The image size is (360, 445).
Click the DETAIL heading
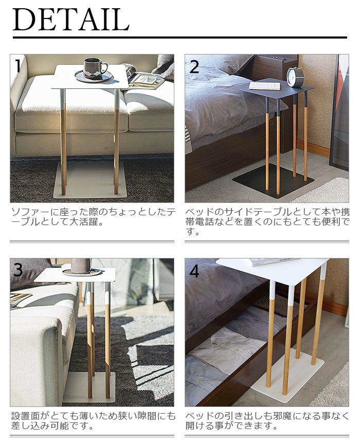71,20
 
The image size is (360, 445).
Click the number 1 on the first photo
18,66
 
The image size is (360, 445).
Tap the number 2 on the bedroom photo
194,67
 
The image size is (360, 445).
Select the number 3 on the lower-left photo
18,270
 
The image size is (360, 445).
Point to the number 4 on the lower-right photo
194,271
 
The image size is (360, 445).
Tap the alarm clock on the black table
295,77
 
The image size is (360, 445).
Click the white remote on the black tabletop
265,86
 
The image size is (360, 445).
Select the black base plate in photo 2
273,178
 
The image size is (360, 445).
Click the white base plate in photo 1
90,179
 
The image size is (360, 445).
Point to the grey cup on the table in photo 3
81,266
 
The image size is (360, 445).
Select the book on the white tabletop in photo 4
275,262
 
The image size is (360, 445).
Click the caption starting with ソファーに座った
93,217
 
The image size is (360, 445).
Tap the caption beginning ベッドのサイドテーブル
267,221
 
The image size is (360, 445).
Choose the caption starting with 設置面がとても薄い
93,421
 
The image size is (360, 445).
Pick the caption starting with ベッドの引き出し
267,421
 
